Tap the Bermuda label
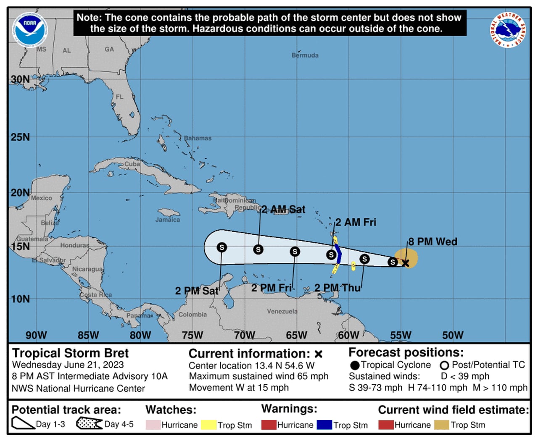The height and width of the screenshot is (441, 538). (x=305, y=55)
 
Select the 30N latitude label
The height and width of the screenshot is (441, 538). (x=20, y=79)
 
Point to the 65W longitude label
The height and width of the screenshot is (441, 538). (x=296, y=335)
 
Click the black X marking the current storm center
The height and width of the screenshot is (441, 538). (x=406, y=263)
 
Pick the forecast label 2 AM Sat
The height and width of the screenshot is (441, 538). (x=283, y=209)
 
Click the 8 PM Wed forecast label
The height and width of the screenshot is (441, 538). (x=433, y=241)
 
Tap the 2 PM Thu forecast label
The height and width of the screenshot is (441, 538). (x=338, y=288)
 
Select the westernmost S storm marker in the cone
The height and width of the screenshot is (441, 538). (x=222, y=247)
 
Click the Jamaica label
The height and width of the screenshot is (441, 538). (x=167, y=219)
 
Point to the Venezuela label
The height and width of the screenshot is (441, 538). (x=282, y=311)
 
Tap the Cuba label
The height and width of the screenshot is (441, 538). (x=132, y=164)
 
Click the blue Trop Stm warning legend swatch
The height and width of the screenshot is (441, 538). (x=324, y=425)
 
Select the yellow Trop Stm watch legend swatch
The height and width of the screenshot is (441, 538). (x=208, y=425)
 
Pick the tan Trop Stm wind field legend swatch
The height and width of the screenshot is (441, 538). (x=441, y=425)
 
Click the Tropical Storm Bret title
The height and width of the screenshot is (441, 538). (x=70, y=353)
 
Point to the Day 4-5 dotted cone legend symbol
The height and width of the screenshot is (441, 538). (x=89, y=423)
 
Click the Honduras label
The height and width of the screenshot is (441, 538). (x=74, y=245)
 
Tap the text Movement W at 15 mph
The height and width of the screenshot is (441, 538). (x=239, y=388)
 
